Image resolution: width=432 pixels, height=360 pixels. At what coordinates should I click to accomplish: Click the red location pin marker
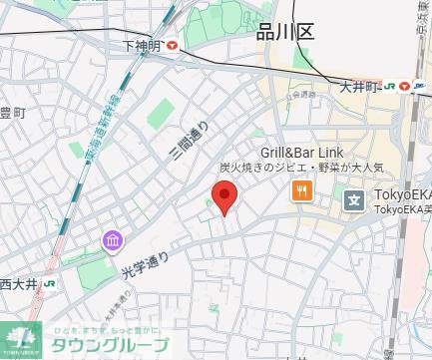click(225, 197)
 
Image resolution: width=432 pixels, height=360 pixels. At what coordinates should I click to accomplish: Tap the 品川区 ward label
click(284, 32)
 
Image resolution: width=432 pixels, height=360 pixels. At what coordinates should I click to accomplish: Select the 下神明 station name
click(142, 45)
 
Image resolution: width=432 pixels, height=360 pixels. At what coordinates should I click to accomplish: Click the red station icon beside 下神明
click(173, 45)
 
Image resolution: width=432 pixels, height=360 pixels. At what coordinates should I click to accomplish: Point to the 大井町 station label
click(357, 86)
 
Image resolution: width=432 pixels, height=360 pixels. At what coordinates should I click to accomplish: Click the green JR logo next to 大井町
click(389, 87)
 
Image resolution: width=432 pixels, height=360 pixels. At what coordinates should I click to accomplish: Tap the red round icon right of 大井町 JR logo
click(405, 87)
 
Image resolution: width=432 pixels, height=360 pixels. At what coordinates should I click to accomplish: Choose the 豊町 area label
click(11, 113)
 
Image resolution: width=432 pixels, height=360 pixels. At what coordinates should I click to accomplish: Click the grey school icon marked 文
click(354, 200)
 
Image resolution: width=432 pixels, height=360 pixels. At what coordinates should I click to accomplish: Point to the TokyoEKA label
click(402, 195)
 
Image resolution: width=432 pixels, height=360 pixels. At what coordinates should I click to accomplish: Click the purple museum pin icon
click(112, 241)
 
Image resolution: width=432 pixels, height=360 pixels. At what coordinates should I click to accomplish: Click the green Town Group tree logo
click(20, 338)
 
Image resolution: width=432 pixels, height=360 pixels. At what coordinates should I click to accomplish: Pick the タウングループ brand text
click(110, 346)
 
